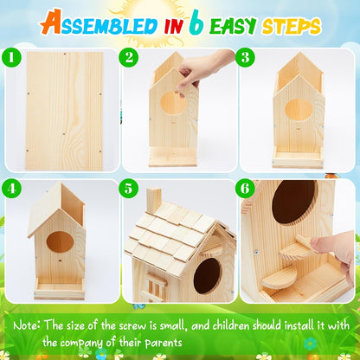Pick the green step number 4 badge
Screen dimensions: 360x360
coord(13,187)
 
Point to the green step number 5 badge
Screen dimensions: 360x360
coord(130,187)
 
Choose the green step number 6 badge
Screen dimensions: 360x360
coord(246,187)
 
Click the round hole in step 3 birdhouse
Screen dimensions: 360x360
coord(299,111)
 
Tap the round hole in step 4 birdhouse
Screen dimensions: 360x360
coord(60,241)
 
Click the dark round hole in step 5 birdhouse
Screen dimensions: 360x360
coord(206,276)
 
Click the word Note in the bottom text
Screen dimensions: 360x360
coord(35,325)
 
